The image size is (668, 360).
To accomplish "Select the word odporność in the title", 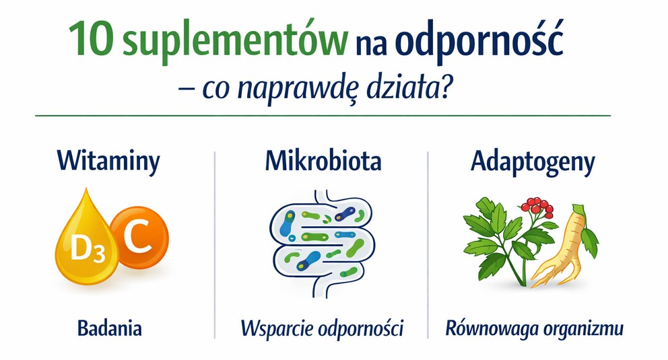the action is pyautogui.click(x=479, y=41).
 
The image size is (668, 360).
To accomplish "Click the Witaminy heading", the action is pyautogui.click(x=108, y=161).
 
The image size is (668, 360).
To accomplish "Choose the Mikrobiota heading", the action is pyautogui.click(x=323, y=161).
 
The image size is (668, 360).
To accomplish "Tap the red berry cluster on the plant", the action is pyautogui.click(x=537, y=207).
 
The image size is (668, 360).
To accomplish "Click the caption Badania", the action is pyautogui.click(x=110, y=328).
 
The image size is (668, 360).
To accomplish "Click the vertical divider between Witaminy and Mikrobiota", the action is pyautogui.click(x=215, y=245).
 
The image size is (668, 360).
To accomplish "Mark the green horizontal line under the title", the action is pyautogui.click(x=323, y=115).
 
